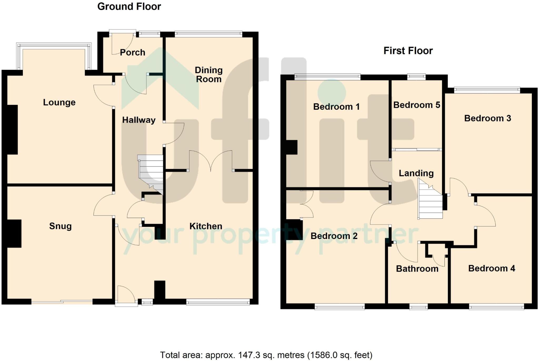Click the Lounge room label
tap(59, 102)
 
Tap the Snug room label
tap(60, 226)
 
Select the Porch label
tap(132, 52)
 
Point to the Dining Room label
tap(209, 74)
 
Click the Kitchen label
tap(206, 226)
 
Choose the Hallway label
tap(139, 120)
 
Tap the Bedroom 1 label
tap(336, 106)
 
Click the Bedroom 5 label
tap(417, 105)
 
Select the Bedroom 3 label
tap(487, 118)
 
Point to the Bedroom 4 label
tap(492, 268)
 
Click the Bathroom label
tap(417, 269)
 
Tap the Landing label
tap(416, 173)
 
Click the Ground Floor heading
tap(129, 7)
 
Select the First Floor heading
tap(408, 51)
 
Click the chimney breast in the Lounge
tap(12, 130)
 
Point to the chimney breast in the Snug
tap(14, 233)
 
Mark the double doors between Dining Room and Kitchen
tap(211, 161)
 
